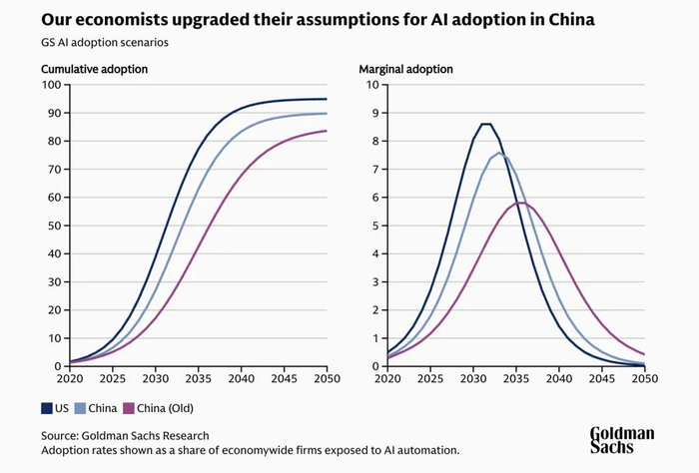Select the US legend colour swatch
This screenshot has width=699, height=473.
tap(47, 408)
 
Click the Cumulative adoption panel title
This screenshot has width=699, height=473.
tap(95, 69)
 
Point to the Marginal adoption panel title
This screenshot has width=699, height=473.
tap(405, 69)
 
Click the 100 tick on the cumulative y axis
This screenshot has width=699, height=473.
tap(53, 84)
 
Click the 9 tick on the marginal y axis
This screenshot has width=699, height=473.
tap(373, 113)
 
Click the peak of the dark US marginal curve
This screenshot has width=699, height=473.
tap(486, 124)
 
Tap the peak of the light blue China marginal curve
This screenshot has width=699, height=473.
tap(501, 153)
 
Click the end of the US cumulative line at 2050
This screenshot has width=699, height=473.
tap(327, 99)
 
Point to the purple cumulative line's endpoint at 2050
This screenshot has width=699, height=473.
tap(327, 131)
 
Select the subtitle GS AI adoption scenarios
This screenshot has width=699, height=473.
tap(105, 45)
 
